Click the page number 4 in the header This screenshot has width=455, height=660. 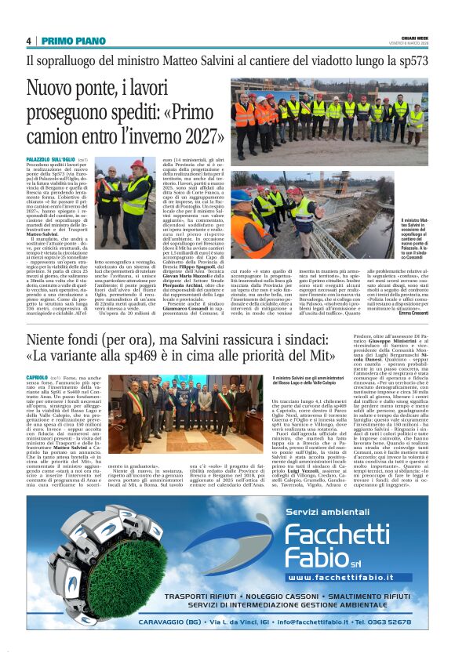[x=28, y=41]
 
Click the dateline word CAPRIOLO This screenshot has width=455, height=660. [x=39, y=377]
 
